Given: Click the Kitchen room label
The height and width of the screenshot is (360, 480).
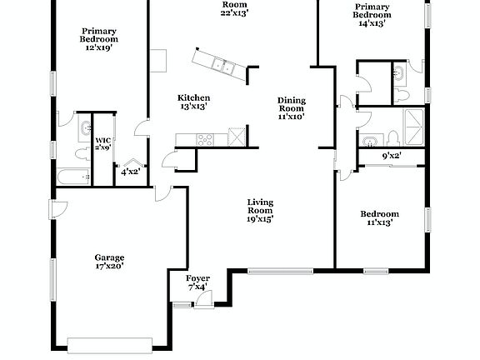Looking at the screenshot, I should (192, 102).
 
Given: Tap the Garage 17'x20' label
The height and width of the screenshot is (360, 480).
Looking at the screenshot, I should (109, 262).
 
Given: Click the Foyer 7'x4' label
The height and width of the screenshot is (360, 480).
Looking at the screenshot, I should (197, 282).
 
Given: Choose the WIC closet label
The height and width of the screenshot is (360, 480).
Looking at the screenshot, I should (102, 143).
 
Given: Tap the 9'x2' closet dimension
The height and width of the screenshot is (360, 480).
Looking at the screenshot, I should (392, 155).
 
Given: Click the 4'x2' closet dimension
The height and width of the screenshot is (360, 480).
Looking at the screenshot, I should (129, 172).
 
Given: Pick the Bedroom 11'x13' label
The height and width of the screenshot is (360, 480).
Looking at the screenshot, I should (379, 217).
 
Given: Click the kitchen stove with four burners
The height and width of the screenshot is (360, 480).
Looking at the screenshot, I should (206, 138).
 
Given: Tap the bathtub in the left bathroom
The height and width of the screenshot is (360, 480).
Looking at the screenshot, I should (72, 177).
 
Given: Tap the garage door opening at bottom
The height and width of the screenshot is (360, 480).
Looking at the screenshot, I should (110, 342).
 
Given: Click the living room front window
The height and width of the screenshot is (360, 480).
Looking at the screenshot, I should (281, 269).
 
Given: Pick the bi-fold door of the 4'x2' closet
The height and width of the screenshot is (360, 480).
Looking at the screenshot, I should (131, 162).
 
